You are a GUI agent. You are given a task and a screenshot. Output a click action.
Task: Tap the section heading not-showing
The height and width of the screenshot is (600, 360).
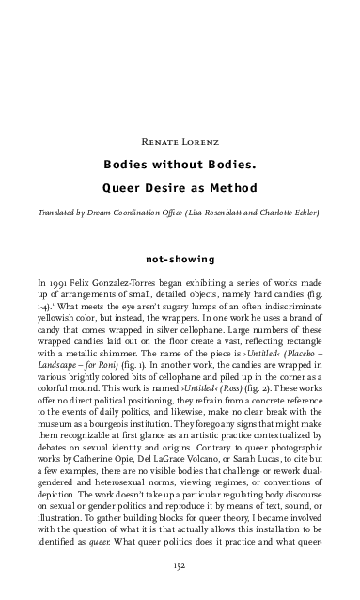coord(180,255)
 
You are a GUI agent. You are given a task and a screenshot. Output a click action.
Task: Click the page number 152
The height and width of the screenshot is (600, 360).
coord(180,566)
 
